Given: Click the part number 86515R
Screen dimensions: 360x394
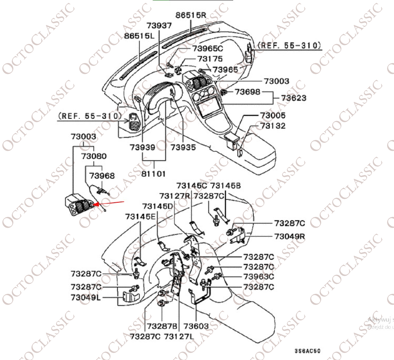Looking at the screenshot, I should coord(191,15).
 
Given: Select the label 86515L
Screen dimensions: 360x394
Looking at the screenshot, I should coord(139,36).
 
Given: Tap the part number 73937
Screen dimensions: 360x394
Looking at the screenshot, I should coord(159,25).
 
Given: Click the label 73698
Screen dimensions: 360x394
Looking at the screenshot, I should coord(248,92).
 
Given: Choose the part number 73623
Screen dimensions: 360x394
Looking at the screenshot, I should coord(294,98).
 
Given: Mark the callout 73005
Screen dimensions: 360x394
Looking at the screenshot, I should coord(273,115).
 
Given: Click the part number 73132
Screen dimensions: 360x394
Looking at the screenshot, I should coord(273,126).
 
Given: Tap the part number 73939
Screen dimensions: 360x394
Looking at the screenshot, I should coord(142,148).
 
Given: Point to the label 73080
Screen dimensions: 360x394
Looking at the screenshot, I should coord(94,157).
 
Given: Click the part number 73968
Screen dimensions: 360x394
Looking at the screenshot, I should coord(102,176).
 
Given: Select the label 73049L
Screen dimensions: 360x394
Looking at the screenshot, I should coord(85,298).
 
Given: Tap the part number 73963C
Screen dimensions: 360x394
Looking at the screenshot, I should coord(259,277).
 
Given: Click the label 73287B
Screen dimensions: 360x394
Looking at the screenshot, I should coord(162,327).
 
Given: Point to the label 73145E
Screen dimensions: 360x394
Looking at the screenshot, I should coord(140,217).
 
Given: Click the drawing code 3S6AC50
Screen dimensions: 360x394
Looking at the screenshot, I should coord(307,351).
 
